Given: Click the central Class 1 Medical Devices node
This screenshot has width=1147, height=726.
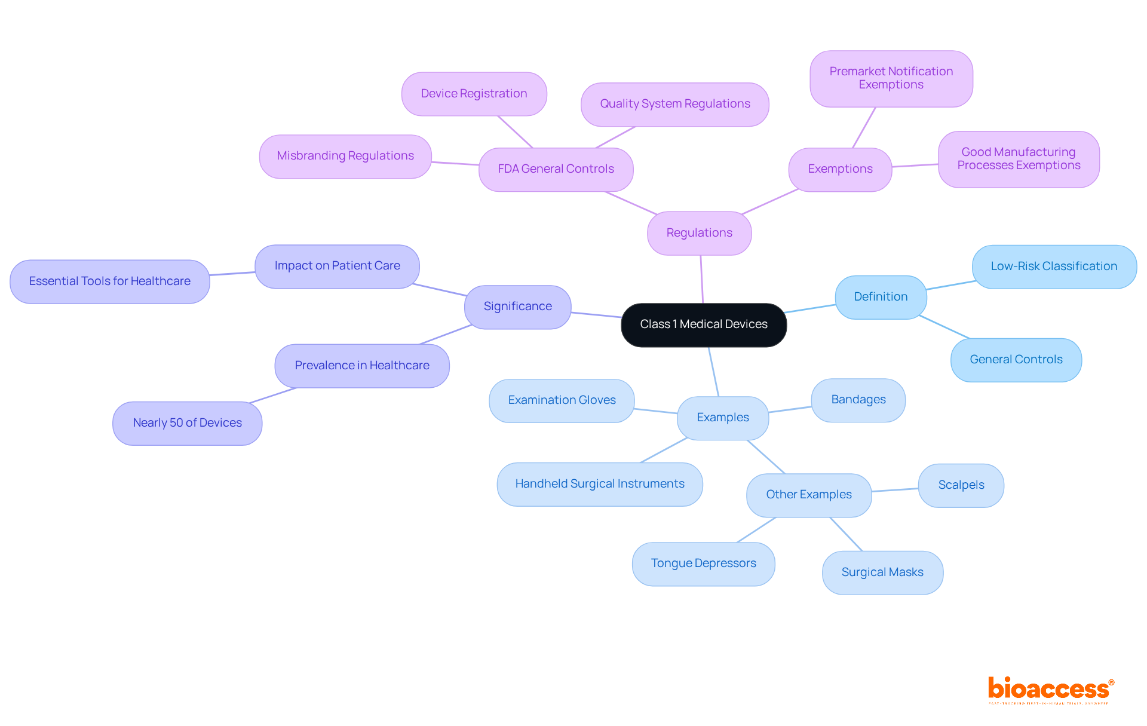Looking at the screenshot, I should click(704, 324).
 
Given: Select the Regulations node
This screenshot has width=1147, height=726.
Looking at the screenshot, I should click(699, 233).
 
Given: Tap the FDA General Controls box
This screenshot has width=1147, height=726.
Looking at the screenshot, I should click(556, 169).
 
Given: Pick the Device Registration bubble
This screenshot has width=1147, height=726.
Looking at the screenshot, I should click(474, 94).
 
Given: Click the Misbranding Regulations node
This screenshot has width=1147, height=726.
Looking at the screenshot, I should click(345, 156).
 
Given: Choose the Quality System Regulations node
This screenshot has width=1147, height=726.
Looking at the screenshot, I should click(674, 104).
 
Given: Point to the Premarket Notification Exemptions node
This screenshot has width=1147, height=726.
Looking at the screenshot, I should click(891, 78).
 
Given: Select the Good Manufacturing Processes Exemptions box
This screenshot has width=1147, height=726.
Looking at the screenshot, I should click(1019, 159).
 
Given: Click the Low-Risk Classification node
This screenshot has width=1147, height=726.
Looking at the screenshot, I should click(1054, 266).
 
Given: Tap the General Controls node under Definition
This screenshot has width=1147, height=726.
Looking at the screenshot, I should click(1016, 360).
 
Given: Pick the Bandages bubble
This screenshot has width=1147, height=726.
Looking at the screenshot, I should click(858, 400).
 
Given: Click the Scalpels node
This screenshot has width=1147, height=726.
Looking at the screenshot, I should click(961, 485).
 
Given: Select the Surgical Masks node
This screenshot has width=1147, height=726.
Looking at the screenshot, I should click(882, 572).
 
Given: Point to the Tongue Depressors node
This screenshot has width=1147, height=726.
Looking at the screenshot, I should click(703, 563).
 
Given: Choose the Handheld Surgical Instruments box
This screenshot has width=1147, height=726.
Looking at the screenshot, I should click(599, 484).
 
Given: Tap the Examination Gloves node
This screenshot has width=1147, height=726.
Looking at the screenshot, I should click(562, 400).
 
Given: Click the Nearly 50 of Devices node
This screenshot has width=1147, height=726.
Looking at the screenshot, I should click(187, 423).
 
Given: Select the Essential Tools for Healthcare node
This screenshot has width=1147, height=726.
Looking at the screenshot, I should click(109, 281).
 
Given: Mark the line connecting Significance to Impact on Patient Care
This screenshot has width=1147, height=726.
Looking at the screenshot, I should click(439, 290).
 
